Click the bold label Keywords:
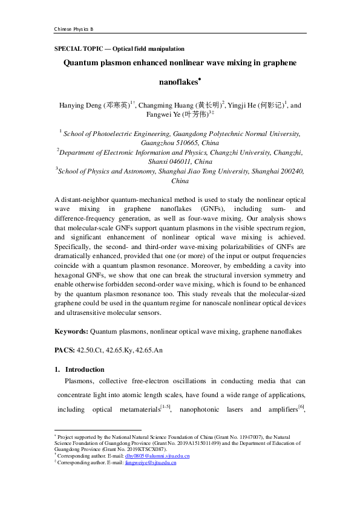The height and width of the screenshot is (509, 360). [x=71, y=331]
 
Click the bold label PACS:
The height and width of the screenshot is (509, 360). [x=65, y=350]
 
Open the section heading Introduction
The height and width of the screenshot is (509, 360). [x=85, y=369]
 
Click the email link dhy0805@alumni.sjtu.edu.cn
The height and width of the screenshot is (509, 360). [x=159, y=456]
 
